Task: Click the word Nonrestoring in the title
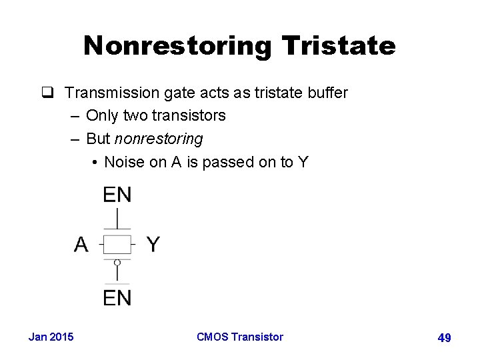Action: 178,46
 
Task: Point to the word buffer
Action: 327,93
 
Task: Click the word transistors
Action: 189,116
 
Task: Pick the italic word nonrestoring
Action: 159,139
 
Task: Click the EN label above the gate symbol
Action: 117,195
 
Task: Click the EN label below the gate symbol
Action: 117,298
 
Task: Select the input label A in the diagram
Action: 81,245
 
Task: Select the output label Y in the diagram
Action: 153,245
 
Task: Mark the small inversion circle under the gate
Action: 117,263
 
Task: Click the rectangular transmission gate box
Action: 117,245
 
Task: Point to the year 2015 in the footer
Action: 61,337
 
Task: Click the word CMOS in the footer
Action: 213,337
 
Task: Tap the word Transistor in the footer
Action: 257,337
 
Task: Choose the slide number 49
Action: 444,338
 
